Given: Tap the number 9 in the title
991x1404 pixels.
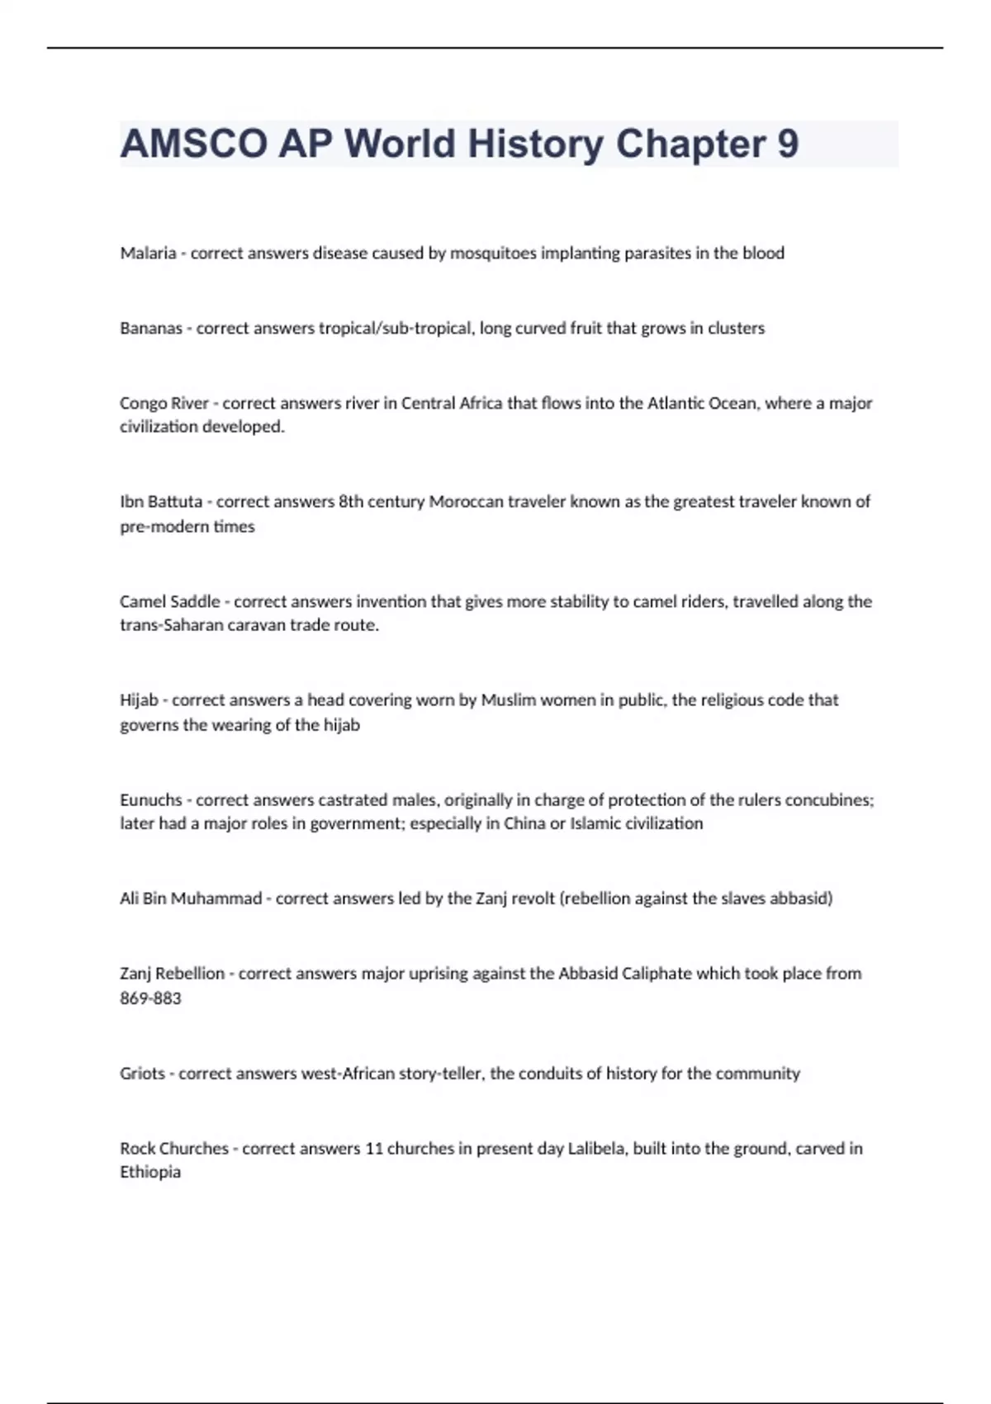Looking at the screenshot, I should pyautogui.click(x=788, y=144).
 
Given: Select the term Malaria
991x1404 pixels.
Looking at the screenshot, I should pyautogui.click(x=148, y=254).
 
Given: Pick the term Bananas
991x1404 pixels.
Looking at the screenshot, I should pyautogui.click(x=151, y=329).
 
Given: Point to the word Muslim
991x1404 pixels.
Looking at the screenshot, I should pyautogui.click(x=509, y=700).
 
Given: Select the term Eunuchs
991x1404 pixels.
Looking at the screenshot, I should pyautogui.click(x=151, y=799).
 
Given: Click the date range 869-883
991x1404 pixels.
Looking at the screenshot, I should pyautogui.click(x=150, y=998).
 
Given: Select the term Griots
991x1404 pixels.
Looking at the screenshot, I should pyautogui.click(x=142, y=1074).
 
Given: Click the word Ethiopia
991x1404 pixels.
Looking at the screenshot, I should pyautogui.click(x=150, y=1172).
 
